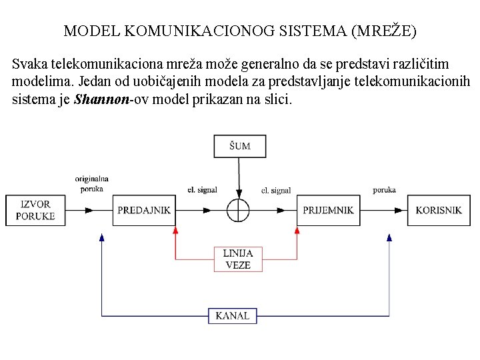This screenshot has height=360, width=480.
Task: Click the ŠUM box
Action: (x=239, y=145)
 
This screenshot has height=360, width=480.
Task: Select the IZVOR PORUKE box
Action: (x=35, y=210)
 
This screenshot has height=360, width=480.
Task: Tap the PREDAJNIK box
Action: (x=143, y=210)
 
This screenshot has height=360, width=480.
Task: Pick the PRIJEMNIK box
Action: (x=327, y=210)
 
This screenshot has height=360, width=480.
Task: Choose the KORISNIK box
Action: (x=438, y=210)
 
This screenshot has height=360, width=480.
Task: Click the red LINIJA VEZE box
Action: (x=238, y=259)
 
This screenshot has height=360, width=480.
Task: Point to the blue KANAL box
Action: (x=233, y=315)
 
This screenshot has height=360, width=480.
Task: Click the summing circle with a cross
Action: (x=238, y=210)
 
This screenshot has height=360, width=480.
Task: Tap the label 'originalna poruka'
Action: (x=91, y=183)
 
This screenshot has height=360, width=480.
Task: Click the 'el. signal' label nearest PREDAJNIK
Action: (x=202, y=190)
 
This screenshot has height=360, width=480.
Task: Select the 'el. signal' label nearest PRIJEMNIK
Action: (x=275, y=191)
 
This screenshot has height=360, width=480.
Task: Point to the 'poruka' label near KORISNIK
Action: (x=384, y=190)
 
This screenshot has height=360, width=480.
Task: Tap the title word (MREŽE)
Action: (x=386, y=31)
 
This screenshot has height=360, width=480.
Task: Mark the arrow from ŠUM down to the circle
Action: (x=239, y=177)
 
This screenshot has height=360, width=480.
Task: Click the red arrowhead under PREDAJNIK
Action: (x=176, y=230)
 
